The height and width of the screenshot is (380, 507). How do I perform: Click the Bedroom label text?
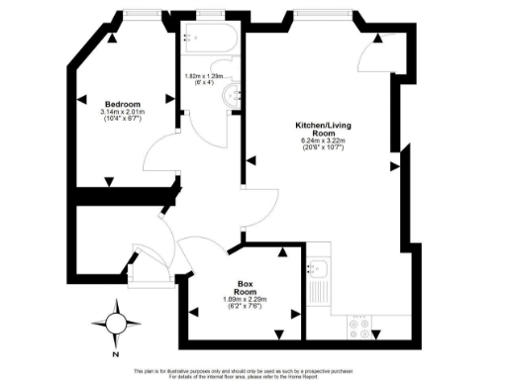pos(124,104)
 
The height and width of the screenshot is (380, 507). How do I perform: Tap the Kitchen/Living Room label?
pos(320,131)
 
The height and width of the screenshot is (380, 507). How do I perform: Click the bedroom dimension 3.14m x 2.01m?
pos(124,113)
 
